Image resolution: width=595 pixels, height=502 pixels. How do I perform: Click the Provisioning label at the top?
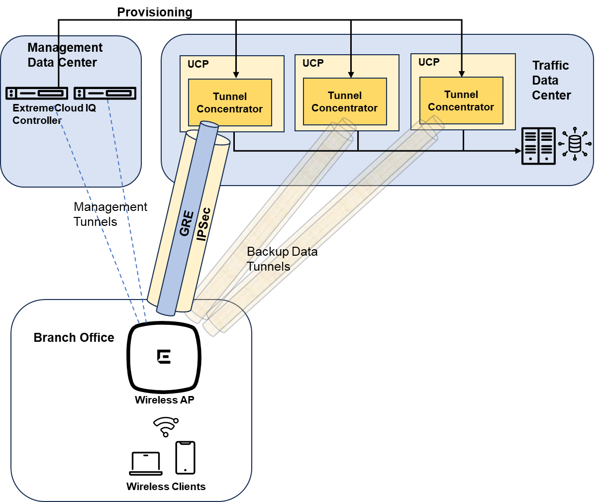[155, 12]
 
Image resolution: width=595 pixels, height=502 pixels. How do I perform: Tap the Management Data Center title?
[65, 55]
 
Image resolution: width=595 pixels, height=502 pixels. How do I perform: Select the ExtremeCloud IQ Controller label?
[54, 114]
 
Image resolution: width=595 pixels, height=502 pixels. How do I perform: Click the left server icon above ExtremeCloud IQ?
[37, 93]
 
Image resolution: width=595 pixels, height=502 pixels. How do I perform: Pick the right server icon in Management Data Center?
[105, 93]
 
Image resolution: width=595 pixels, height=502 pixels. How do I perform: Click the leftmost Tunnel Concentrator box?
[230, 102]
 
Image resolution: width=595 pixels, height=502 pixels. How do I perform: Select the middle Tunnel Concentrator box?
[345, 101]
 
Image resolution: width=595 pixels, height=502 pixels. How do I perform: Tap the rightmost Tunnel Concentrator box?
[461, 100]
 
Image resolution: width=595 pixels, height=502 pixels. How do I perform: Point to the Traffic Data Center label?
[551, 80]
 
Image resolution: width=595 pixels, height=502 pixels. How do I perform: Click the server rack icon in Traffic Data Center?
[538, 146]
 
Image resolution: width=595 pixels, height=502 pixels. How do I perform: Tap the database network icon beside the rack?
[575, 144]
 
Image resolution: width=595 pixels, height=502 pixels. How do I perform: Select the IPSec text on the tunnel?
[203, 224]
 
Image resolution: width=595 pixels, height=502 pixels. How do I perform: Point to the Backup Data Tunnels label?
[282, 259]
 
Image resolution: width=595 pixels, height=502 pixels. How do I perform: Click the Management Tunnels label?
[110, 214]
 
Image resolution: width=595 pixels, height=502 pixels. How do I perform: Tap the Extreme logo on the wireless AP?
[164, 357]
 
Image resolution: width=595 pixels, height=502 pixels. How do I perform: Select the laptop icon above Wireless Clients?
[145, 464]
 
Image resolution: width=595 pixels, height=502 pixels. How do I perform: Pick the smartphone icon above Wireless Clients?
[185, 458]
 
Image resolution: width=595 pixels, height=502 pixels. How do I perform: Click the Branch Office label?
[74, 338]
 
